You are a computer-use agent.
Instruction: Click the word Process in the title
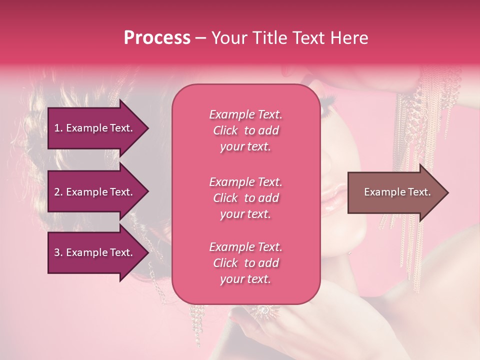[x=157, y=38]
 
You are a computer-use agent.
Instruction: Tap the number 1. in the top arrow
[x=58, y=128]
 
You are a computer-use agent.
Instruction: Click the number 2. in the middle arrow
[x=58, y=192]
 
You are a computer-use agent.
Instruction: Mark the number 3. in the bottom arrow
[x=58, y=252]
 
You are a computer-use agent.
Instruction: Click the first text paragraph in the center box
[x=245, y=130]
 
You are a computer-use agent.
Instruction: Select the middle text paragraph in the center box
[x=245, y=197]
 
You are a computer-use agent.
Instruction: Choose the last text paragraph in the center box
[x=245, y=263]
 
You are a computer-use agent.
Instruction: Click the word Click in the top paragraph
[x=225, y=131]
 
